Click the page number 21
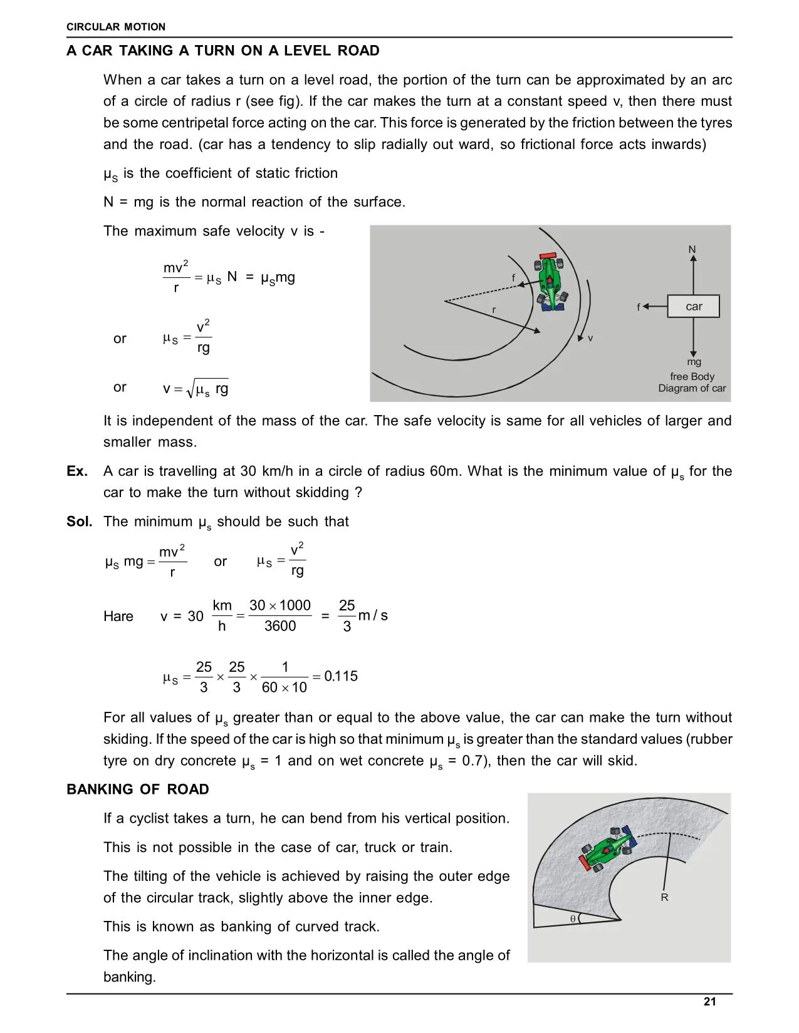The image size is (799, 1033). tap(709, 1002)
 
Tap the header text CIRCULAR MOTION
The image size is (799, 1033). tap(116, 27)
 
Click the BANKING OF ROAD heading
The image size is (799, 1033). tap(138, 789)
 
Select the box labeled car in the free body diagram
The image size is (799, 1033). tap(694, 307)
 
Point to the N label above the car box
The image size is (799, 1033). tap(692, 250)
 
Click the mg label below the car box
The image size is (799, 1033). tap(694, 362)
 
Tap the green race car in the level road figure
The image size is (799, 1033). tap(550, 281)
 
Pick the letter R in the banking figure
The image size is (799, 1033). tap(664, 898)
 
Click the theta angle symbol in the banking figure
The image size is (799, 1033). tap(573, 919)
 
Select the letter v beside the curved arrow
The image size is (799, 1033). tap(590, 338)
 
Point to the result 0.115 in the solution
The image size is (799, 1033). tap(341, 676)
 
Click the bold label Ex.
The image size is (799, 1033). tap(77, 471)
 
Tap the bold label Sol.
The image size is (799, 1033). tap(79, 522)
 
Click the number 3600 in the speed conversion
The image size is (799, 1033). tap(280, 626)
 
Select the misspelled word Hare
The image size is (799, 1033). tap(118, 617)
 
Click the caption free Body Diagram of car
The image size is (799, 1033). tap(692, 383)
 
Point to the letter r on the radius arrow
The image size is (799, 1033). tap(494, 310)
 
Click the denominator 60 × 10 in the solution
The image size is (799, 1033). tap(285, 687)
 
